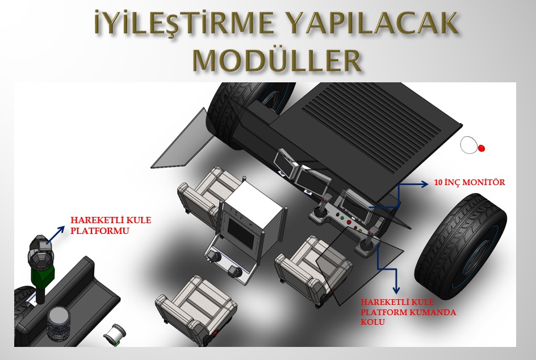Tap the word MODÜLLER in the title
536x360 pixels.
point(277,60)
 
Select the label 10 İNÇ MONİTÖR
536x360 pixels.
point(470,183)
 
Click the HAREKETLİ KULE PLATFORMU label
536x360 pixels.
point(111,225)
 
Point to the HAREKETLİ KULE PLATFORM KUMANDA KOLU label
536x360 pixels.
point(408,312)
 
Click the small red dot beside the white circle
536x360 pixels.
point(481,148)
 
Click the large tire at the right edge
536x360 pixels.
point(461,246)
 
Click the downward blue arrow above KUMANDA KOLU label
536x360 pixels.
point(387,269)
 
